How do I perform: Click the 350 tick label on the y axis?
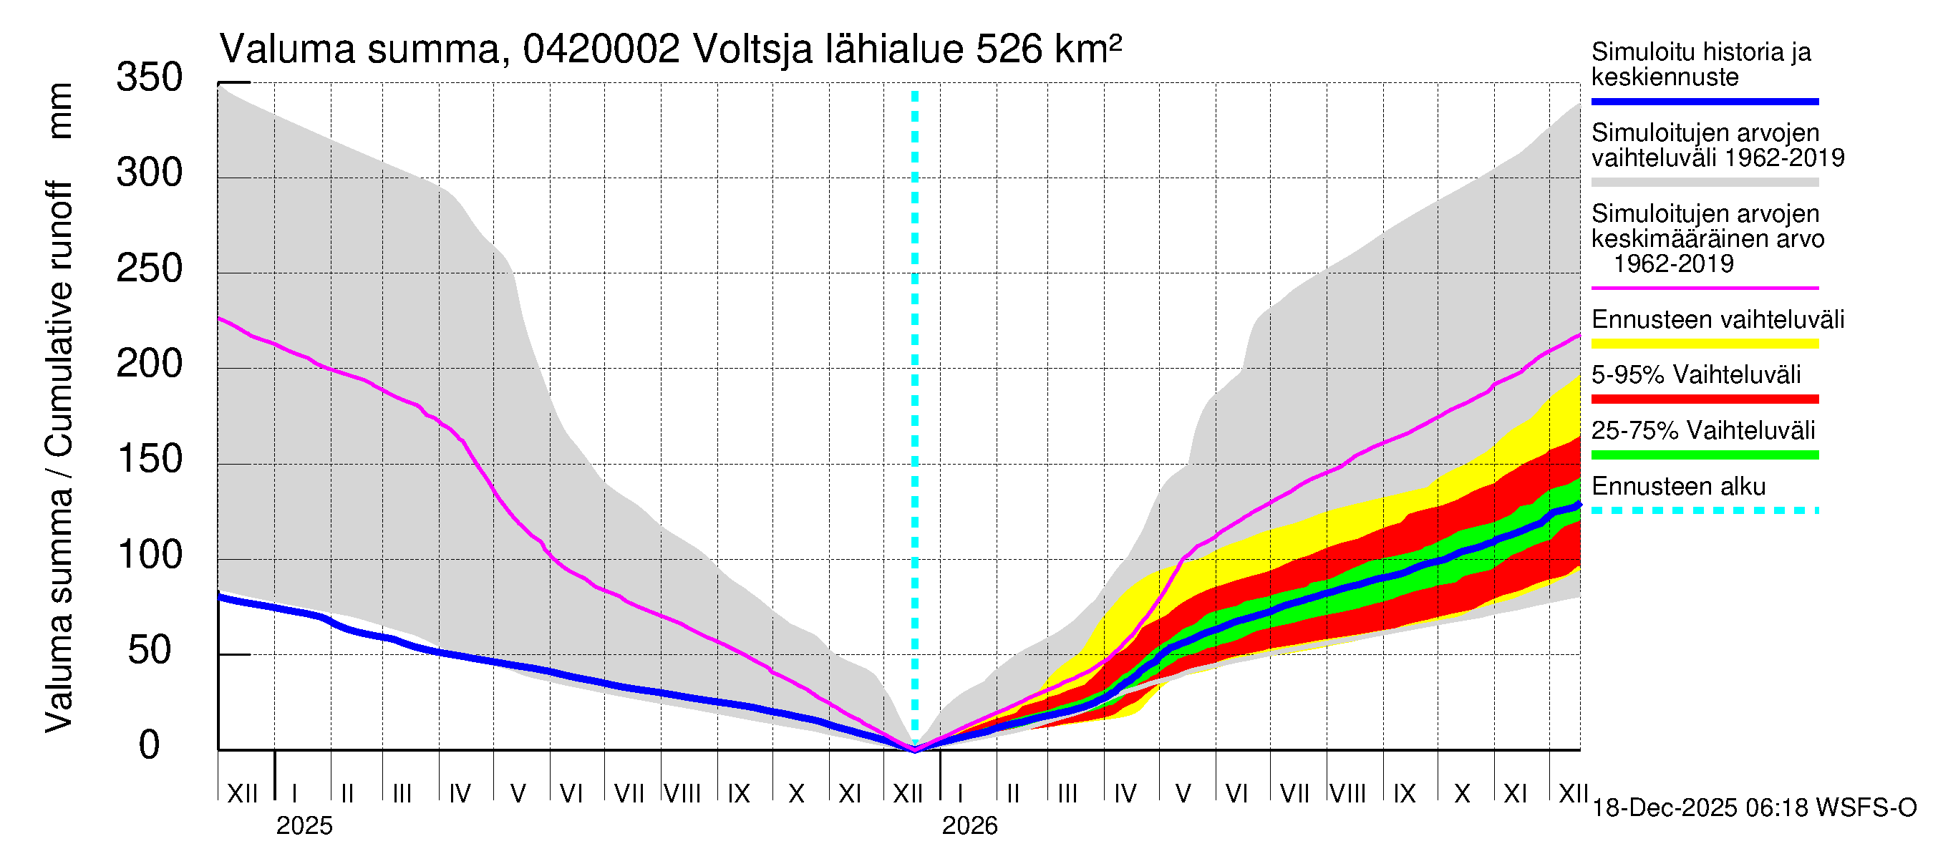click(149, 78)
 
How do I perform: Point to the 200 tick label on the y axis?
click(149, 364)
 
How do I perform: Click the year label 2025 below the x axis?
click(304, 826)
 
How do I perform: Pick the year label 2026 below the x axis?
click(969, 826)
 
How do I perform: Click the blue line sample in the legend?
click(1704, 101)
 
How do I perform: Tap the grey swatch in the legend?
click(1704, 183)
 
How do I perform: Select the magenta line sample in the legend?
click(1704, 288)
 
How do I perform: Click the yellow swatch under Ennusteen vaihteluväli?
click(1704, 344)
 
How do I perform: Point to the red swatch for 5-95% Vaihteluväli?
click(1704, 400)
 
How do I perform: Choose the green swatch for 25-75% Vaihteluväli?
click(1704, 455)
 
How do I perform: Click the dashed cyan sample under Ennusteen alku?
click(1704, 511)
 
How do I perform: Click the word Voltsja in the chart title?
click(752, 50)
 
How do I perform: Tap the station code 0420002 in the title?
click(601, 50)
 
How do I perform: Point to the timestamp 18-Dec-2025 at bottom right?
click(1665, 808)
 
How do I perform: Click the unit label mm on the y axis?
click(60, 111)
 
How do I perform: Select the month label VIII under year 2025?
click(682, 794)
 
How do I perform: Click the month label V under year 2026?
click(1183, 794)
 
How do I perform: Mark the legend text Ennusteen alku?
click(1679, 487)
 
